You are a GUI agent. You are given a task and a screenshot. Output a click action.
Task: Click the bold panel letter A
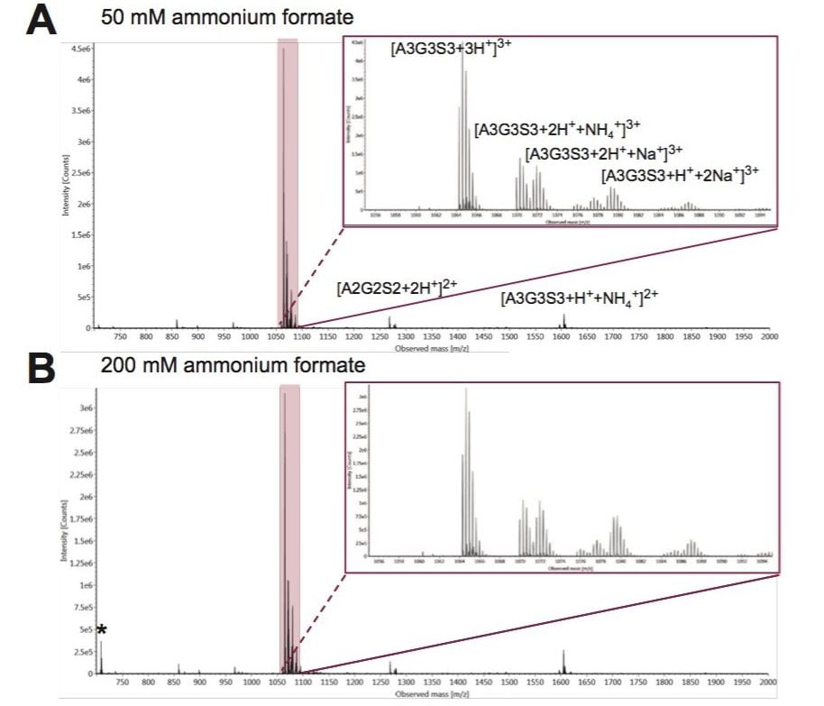[41, 19]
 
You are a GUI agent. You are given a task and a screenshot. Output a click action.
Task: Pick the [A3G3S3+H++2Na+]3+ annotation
[681, 175]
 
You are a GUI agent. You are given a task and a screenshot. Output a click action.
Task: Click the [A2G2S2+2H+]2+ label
[398, 289]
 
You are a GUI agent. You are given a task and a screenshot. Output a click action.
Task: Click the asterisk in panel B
[102, 630]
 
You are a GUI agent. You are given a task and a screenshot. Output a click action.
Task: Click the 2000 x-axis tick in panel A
[769, 336]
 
